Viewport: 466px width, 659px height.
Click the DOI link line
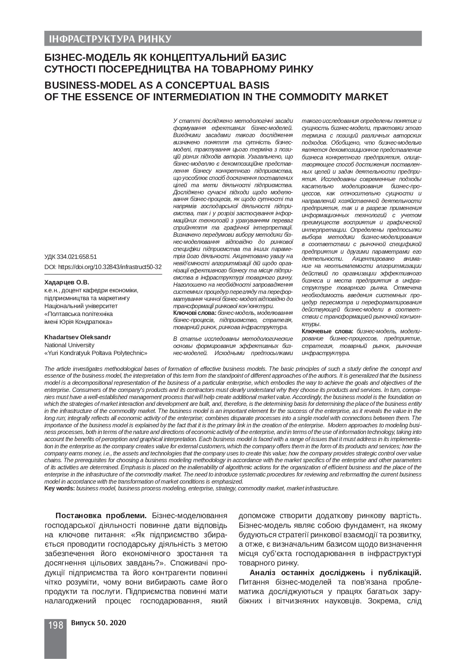point(103,267)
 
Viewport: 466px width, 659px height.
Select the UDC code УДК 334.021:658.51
point(71,257)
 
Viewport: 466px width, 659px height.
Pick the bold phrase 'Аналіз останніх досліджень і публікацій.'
point(335,573)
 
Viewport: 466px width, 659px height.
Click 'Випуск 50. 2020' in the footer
point(98,623)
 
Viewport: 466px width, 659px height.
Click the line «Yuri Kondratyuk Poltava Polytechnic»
point(96,353)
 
